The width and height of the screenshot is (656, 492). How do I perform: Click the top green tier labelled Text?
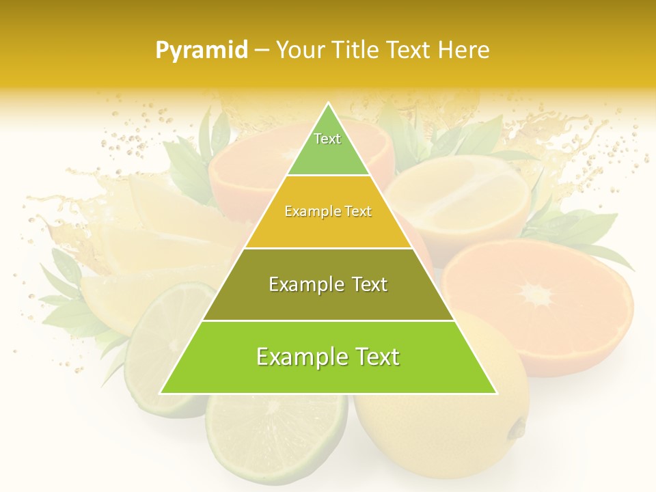click(x=327, y=148)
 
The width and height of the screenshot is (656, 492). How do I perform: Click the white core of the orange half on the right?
click(x=537, y=295)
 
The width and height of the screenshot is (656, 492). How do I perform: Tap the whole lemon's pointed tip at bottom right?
click(x=518, y=428)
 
